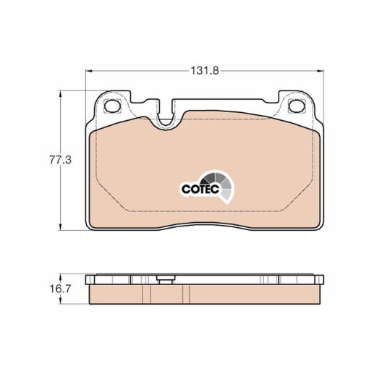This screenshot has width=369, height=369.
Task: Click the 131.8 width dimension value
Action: coord(205,71)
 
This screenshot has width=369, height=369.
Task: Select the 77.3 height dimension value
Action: coord(61,160)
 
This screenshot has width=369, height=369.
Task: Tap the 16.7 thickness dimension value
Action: coord(60,289)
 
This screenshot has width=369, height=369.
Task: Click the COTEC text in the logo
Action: coord(200,189)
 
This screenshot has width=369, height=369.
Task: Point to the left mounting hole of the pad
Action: coord(112,106)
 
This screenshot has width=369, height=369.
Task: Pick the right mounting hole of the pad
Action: coord(297,106)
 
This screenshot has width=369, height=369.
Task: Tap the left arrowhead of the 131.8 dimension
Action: coord(89,71)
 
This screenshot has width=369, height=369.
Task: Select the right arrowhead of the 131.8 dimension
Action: coord(321,71)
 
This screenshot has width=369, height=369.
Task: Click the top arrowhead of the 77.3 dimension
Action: coord(60,94)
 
